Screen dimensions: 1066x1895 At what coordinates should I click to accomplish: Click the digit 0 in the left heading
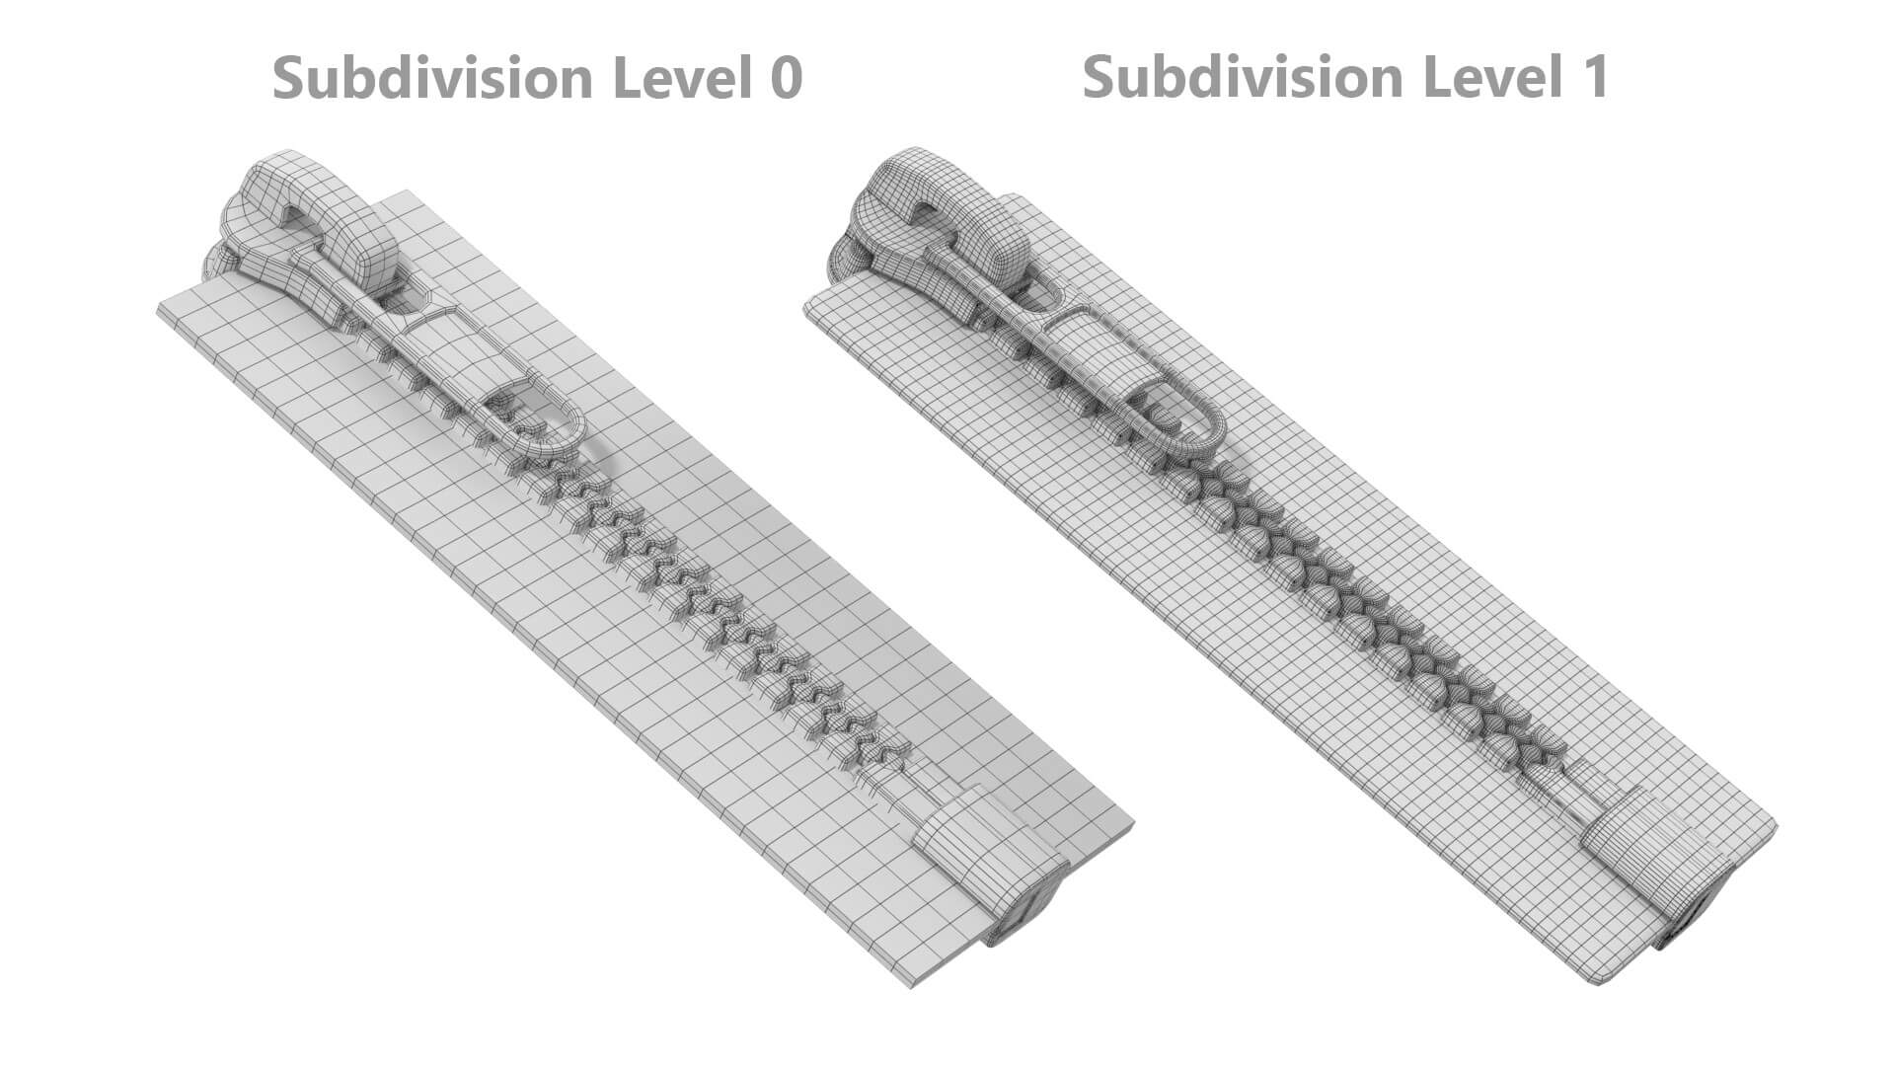click(x=784, y=77)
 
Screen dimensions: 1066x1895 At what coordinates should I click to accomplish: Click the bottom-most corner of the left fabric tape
click(x=912, y=987)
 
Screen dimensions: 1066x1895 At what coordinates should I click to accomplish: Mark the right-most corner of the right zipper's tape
click(x=1777, y=825)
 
